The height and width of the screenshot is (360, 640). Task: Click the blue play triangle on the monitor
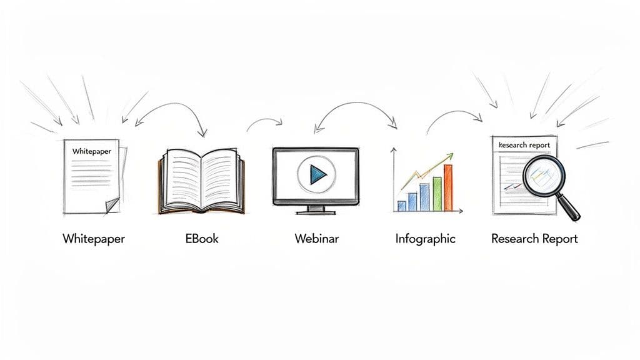click(317, 174)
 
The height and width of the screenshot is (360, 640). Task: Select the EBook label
click(202, 239)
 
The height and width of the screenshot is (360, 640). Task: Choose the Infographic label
click(426, 239)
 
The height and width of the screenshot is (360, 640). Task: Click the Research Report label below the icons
click(534, 239)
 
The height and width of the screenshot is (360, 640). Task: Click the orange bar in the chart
click(447, 187)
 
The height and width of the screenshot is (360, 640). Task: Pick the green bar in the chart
click(437, 193)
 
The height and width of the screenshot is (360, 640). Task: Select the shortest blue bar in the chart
click(402, 206)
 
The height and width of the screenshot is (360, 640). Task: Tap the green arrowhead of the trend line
click(449, 156)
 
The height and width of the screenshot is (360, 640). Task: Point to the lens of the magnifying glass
click(541, 176)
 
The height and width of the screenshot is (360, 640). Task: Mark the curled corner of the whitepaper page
click(112, 204)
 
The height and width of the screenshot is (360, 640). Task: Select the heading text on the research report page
click(525, 145)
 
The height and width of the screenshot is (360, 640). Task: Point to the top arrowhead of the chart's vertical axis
click(394, 150)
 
